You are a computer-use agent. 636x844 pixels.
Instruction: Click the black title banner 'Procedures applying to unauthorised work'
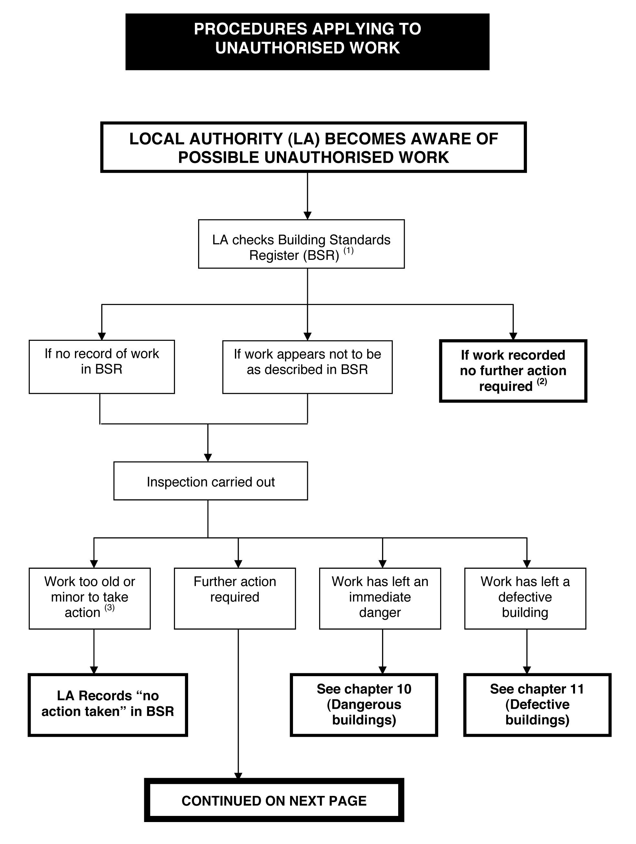point(307,42)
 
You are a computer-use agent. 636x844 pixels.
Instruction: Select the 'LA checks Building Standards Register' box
point(301,244)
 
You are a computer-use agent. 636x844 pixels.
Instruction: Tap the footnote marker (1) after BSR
point(348,251)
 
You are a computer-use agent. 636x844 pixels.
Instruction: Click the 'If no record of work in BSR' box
point(102,367)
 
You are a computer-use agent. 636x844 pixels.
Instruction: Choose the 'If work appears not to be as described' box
point(308,367)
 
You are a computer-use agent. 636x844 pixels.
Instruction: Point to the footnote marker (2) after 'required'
point(542,381)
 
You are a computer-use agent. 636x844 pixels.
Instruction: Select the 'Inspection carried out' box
point(211,481)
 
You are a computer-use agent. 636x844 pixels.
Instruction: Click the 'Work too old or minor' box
point(90,598)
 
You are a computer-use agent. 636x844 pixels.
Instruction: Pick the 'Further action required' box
point(235,598)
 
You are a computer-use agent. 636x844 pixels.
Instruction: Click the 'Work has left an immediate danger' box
point(380,598)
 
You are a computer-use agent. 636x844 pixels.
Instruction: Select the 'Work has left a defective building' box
point(525,598)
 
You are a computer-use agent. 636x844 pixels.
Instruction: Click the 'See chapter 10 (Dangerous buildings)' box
point(364,705)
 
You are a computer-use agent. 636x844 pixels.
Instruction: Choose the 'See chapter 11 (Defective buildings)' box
point(537,705)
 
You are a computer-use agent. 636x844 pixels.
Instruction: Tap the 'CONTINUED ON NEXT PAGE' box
point(274,800)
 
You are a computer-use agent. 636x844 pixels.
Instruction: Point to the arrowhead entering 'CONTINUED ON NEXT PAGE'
point(238,775)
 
